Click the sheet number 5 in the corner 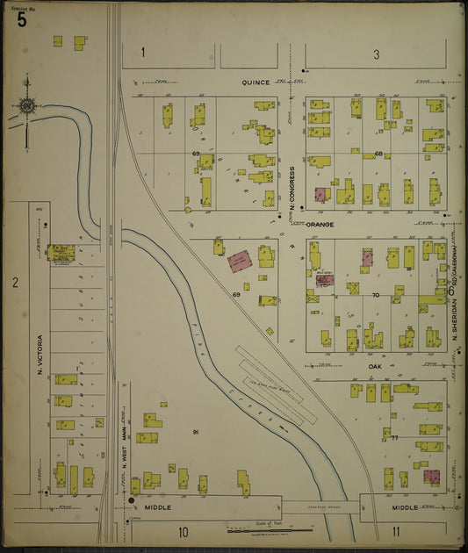click(x=20, y=17)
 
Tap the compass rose click(x=27, y=107)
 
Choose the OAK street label click(x=376, y=366)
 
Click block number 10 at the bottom click(x=184, y=531)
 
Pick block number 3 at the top click(x=376, y=54)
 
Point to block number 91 click(x=196, y=432)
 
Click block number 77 click(x=394, y=436)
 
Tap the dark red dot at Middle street click(x=132, y=501)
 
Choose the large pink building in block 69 click(x=240, y=261)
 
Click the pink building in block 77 click(x=430, y=477)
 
